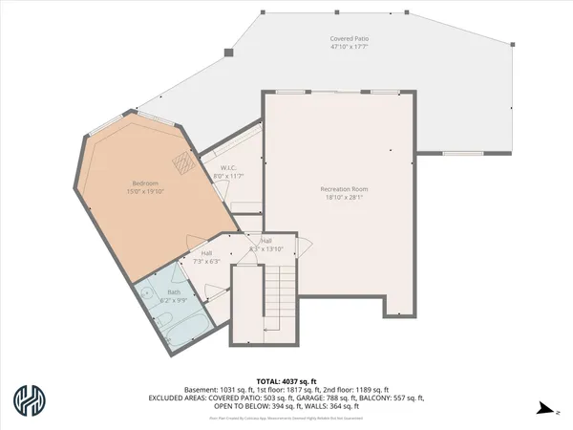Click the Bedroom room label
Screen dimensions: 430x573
(145, 183)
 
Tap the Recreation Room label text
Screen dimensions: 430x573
(344, 189)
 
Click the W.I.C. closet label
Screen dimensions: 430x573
(215, 168)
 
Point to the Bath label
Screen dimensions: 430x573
(174, 291)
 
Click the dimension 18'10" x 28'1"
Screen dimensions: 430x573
(344, 198)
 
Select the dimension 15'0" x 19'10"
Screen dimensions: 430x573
(145, 190)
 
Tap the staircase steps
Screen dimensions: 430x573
(279, 295)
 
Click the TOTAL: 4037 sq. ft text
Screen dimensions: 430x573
(286, 380)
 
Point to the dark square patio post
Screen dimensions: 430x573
(226, 54)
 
